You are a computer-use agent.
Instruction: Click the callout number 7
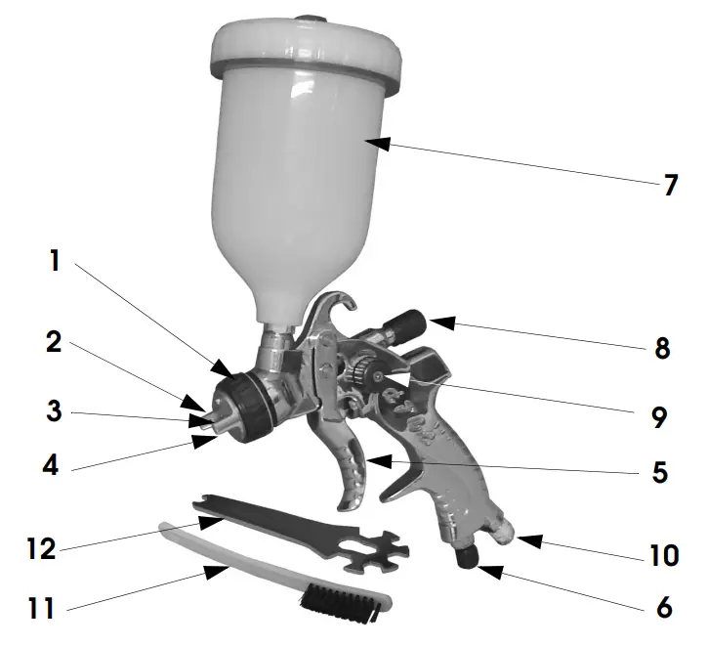coord(670,185)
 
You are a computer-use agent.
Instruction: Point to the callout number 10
coord(664,555)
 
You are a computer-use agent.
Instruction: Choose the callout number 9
coord(662,417)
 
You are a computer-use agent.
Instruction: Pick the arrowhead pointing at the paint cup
coord(377,144)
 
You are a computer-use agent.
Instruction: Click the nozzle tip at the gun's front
coord(206,423)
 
